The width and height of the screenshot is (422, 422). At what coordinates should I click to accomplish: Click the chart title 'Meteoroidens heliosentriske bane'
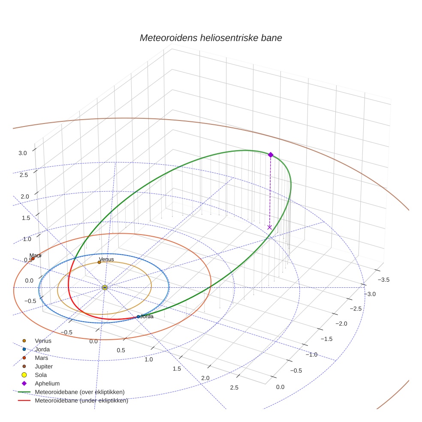point(211,38)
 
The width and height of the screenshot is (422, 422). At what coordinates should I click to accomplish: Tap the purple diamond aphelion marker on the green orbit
point(270,155)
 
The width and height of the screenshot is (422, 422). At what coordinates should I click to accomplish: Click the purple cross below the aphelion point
point(269,227)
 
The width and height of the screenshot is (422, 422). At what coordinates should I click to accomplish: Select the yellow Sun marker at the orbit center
point(105,287)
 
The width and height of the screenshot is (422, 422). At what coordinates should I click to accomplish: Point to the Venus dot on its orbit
point(99,262)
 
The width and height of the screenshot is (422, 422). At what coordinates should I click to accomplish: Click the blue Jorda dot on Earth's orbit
point(138,316)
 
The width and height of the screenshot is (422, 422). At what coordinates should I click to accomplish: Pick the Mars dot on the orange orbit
point(33,259)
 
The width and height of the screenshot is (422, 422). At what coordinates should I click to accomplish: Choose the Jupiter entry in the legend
point(43,367)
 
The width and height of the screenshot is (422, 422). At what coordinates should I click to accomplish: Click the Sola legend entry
point(41,375)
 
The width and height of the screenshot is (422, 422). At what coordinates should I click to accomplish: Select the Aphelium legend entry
point(47,384)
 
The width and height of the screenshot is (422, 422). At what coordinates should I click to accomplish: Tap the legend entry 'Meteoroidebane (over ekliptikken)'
point(80,392)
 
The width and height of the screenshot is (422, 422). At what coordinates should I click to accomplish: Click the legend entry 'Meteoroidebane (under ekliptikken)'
point(81,401)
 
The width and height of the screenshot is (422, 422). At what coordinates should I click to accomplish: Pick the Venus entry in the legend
point(43,341)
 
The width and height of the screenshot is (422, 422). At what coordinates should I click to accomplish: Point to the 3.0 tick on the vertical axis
point(23,153)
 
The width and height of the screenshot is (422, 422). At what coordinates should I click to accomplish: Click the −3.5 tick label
point(383,280)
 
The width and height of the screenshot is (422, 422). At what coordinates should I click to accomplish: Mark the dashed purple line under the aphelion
point(270,191)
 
